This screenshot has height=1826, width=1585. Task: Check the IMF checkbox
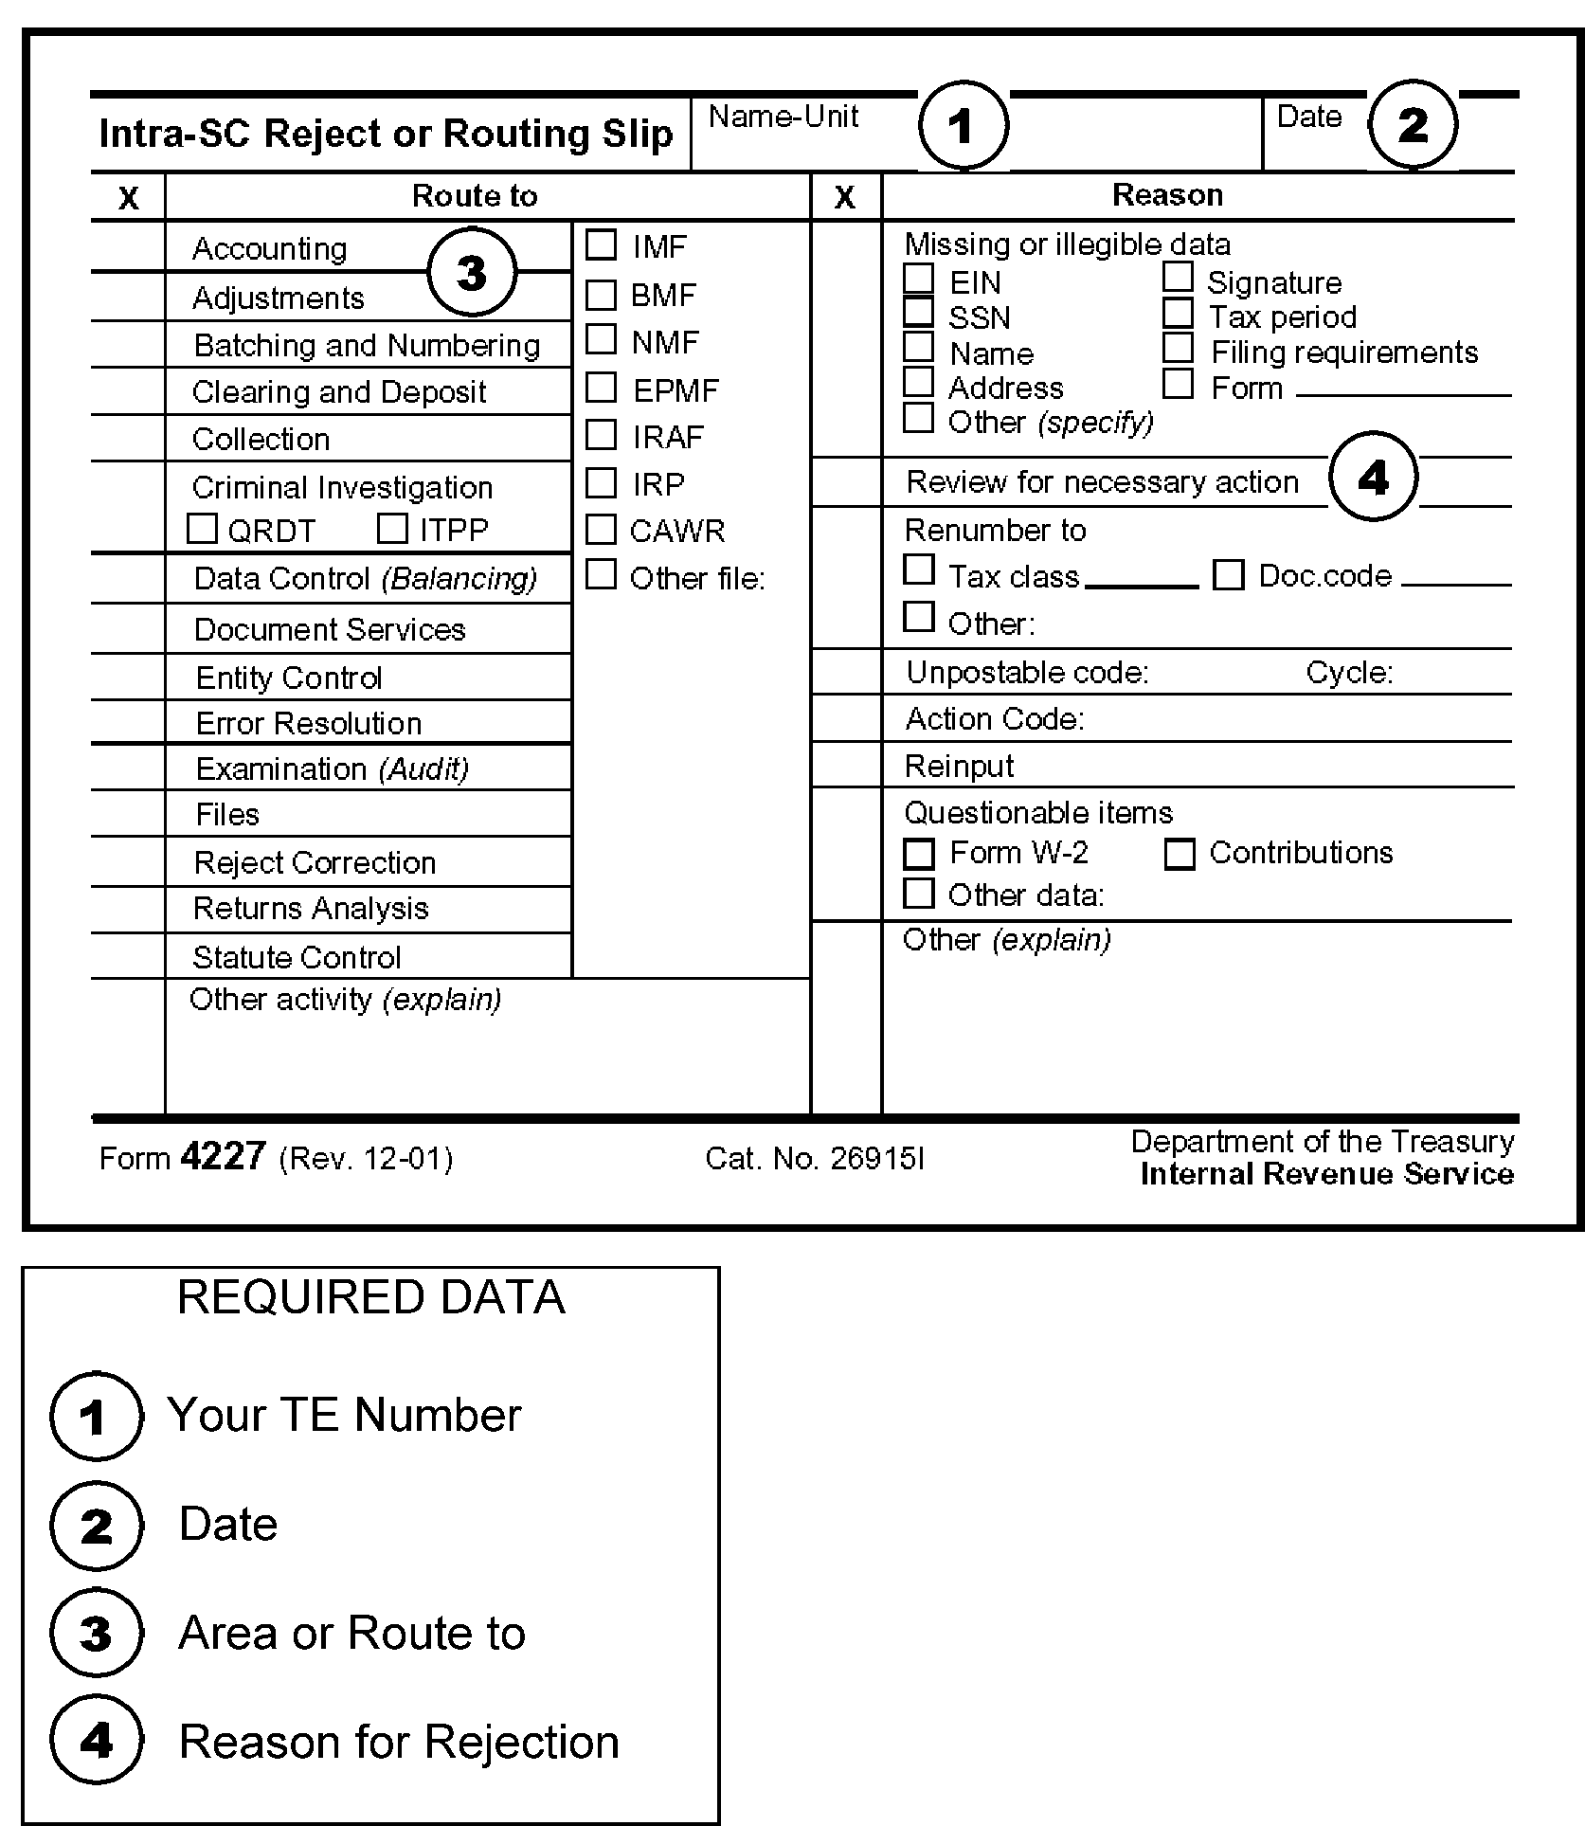tap(601, 244)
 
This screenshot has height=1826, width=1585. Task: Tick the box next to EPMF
tap(601, 388)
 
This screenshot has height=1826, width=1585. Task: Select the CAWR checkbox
tap(601, 529)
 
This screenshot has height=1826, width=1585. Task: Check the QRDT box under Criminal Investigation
tap(202, 528)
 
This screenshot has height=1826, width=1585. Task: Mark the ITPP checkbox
tap(392, 528)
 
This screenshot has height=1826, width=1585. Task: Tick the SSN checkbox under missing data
tap(918, 312)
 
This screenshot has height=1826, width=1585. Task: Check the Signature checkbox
tap(1178, 277)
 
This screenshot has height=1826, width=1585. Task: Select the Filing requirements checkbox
tap(1178, 348)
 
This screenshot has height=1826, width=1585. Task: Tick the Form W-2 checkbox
tap(918, 853)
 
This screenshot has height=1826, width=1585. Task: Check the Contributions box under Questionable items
tap(1179, 853)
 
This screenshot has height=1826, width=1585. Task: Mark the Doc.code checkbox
tap(1228, 574)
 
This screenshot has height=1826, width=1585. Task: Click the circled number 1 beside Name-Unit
tap(963, 125)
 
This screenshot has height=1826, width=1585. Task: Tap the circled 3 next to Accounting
tap(472, 273)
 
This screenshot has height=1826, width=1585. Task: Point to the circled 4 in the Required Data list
tap(96, 1741)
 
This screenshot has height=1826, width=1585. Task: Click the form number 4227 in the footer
tap(223, 1156)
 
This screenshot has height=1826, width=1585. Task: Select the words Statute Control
tap(297, 957)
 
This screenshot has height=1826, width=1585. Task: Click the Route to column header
tap(475, 196)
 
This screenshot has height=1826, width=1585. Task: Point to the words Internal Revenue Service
tap(1326, 1174)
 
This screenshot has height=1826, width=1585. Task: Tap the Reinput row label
tap(959, 766)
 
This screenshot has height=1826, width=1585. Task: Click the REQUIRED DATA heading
tap(370, 1297)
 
